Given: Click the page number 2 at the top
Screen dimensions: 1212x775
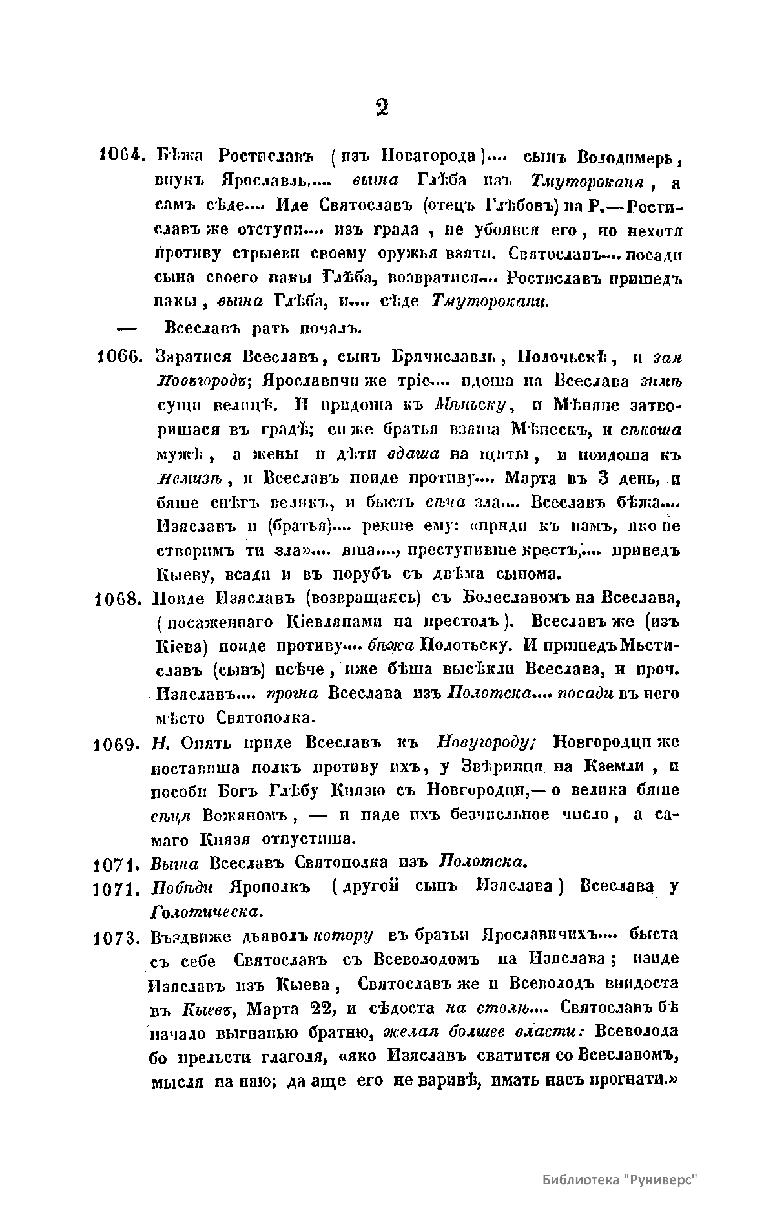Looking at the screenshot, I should point(382,107).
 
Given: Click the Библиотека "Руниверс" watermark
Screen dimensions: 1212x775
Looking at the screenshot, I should point(621,1179).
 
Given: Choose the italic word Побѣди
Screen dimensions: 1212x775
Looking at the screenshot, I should point(177,887).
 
